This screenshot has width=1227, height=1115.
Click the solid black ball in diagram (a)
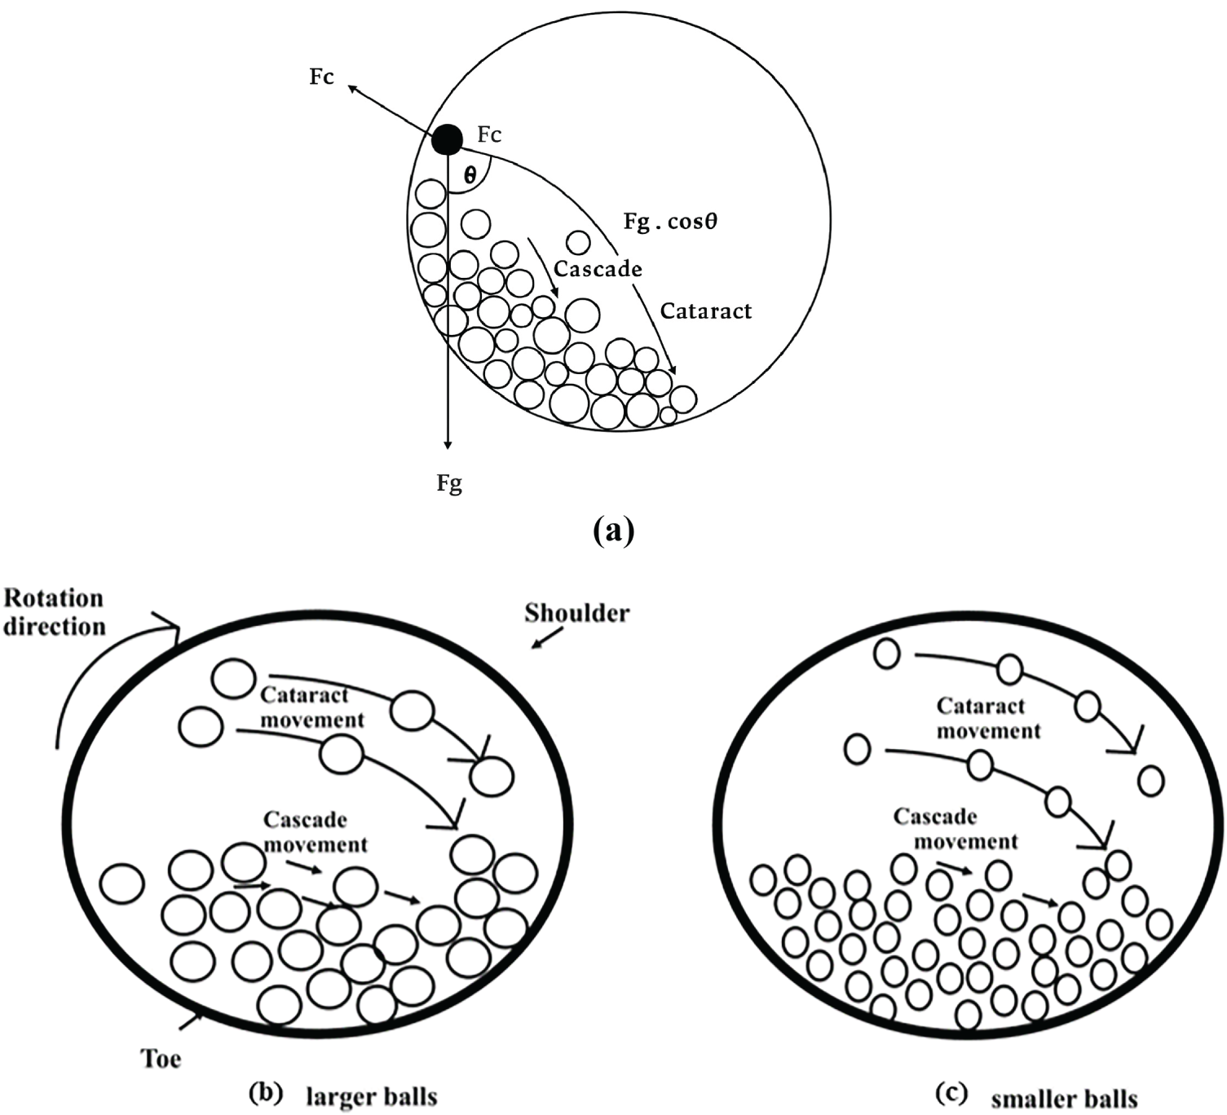447,139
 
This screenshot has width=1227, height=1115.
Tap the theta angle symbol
470,174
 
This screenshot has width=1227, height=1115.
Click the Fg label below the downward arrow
449,483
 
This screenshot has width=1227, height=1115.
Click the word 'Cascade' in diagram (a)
598,269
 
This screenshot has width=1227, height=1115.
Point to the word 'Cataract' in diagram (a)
706,311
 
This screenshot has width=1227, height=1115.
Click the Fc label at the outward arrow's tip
322,77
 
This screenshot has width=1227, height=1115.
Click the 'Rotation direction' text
55,612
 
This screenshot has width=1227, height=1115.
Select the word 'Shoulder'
577,612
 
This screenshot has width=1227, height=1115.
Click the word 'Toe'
161,1059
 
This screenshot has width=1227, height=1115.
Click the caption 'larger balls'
372,1096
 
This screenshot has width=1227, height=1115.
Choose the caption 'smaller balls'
1064,1099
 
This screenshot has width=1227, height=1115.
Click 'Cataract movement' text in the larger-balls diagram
311,707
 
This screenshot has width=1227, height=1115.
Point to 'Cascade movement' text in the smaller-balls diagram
955,828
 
